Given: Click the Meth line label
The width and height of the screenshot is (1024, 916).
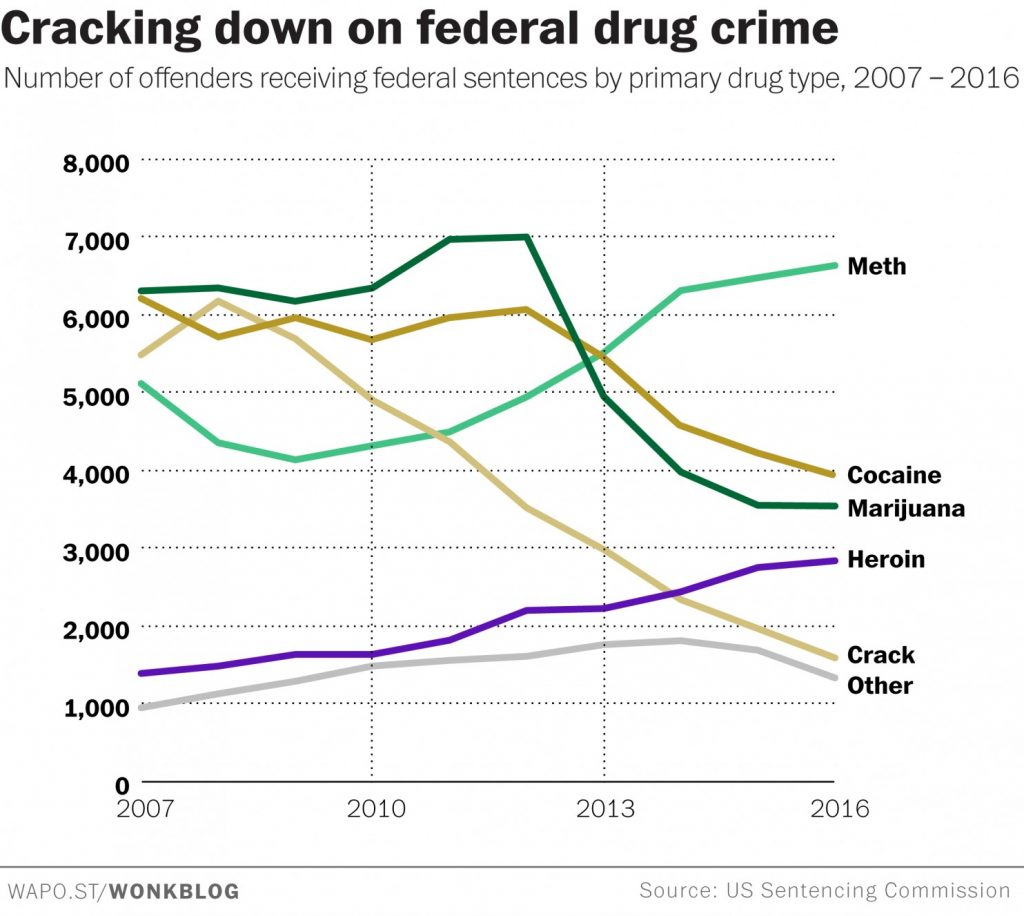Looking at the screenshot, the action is tap(876, 266).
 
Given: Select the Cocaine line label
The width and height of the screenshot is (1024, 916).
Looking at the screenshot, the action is tap(894, 475).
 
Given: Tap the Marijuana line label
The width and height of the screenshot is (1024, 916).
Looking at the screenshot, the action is tap(906, 509).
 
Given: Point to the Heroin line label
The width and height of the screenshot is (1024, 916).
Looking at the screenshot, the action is tap(886, 560).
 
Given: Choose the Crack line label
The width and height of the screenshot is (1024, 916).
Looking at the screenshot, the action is tap(880, 655).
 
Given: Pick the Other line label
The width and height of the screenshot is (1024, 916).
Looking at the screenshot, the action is tap(880, 686).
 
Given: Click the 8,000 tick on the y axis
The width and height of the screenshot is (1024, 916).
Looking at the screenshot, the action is tap(97, 163).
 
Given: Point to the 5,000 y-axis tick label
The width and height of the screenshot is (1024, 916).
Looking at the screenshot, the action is tap(97, 396).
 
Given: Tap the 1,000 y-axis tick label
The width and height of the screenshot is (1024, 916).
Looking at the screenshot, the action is tap(97, 708).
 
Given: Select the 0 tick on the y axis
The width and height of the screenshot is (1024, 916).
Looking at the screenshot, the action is tap(122, 785).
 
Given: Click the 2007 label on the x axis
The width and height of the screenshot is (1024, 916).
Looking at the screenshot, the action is tap(145, 808).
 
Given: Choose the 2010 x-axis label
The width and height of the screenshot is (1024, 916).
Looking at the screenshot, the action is tap(376, 808).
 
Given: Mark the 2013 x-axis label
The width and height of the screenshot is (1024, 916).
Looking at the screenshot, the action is tap(605, 808).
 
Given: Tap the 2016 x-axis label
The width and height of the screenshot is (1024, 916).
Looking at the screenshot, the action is tap(840, 808).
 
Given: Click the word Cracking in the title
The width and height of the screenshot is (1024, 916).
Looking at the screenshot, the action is tap(101, 29).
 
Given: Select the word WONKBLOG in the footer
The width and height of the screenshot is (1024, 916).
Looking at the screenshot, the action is tap(174, 891).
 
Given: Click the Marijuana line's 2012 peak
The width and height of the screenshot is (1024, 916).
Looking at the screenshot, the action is tap(526, 237).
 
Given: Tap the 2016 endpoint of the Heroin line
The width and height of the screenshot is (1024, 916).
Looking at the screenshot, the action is tap(834, 561).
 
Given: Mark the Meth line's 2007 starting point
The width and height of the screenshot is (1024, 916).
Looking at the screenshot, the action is tap(142, 383).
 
